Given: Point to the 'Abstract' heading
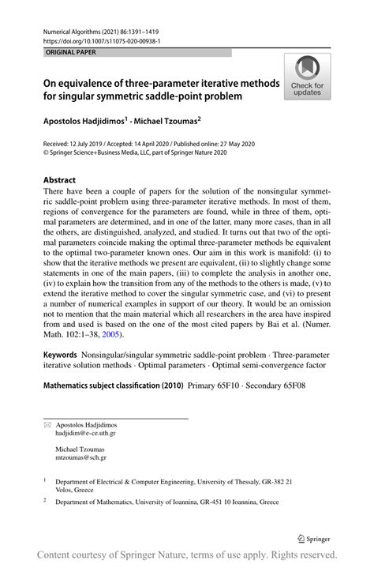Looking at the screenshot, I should pyautogui.click(x=60, y=179).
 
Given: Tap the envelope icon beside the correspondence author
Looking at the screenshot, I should pyautogui.click(x=47, y=425).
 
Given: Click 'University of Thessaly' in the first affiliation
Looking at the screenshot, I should pyautogui.click(x=230, y=480).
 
